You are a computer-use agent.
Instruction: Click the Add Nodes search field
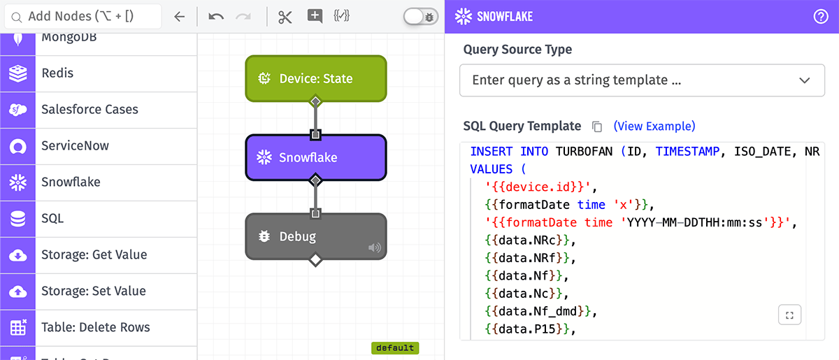tap(84, 16)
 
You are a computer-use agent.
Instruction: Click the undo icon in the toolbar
tap(216, 17)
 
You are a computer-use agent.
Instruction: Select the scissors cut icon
tap(285, 17)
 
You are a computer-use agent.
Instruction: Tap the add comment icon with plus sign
tap(315, 17)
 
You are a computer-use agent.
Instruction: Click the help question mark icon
tap(821, 17)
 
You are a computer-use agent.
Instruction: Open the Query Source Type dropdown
tap(642, 80)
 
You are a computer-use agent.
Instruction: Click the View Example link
tap(654, 127)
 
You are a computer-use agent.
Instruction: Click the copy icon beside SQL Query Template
tap(597, 127)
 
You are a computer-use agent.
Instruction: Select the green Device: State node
tap(315, 79)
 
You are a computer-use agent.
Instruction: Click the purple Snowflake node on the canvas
tap(315, 158)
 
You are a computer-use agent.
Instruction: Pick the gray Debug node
tap(315, 237)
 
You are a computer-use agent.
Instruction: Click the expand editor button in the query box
tap(789, 315)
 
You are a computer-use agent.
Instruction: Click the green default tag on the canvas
tap(394, 347)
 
